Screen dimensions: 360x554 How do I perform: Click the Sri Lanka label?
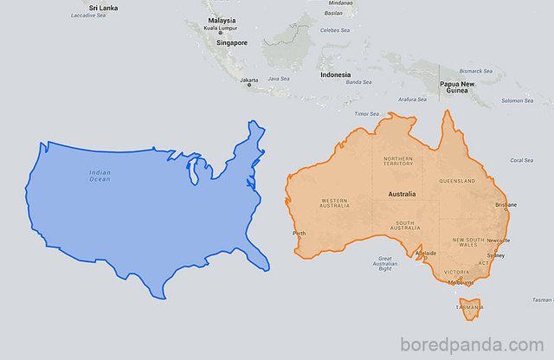(x=84, y=6)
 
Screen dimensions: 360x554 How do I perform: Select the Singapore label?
(x=232, y=42)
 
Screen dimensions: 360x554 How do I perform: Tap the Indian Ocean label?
(x=100, y=176)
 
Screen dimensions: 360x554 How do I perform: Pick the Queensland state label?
(x=457, y=181)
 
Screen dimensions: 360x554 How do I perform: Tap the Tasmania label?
(x=469, y=307)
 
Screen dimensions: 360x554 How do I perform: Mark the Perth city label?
(x=300, y=234)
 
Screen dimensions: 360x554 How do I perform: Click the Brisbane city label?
(x=506, y=205)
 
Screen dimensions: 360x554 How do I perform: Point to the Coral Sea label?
(x=521, y=160)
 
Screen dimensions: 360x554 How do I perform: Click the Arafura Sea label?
(x=412, y=100)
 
